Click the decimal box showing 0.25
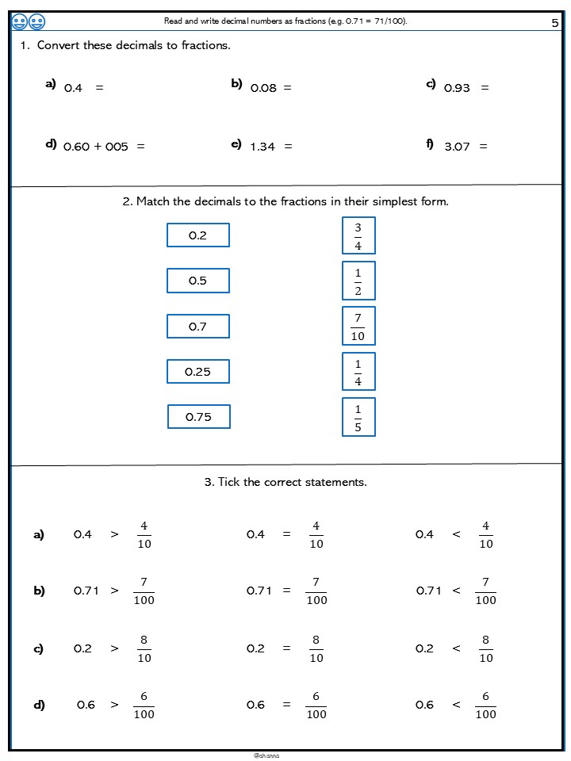[x=197, y=372]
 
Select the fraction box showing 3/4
[x=358, y=235]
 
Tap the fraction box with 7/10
[x=358, y=326]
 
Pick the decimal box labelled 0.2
[x=197, y=235]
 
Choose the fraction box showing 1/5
[x=358, y=417]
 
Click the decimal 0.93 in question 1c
[x=457, y=88]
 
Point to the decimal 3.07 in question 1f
[x=457, y=147]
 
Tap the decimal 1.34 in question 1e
[x=263, y=147]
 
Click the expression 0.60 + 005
[x=95, y=147]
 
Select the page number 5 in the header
[x=555, y=23]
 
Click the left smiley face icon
[x=20, y=22]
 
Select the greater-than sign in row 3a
[x=114, y=534]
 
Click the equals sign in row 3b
[x=287, y=591]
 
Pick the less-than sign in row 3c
[x=456, y=648]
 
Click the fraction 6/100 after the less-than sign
[x=485, y=706]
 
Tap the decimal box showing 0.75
[x=198, y=417]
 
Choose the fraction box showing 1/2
[x=358, y=281]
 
